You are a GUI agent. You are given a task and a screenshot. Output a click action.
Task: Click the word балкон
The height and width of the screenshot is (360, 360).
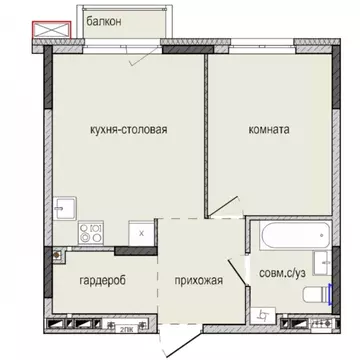point(107,20)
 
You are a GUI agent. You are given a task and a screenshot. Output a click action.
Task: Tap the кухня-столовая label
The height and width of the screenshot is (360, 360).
point(121,129)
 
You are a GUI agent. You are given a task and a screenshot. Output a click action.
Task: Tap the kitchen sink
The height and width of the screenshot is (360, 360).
point(62,207)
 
